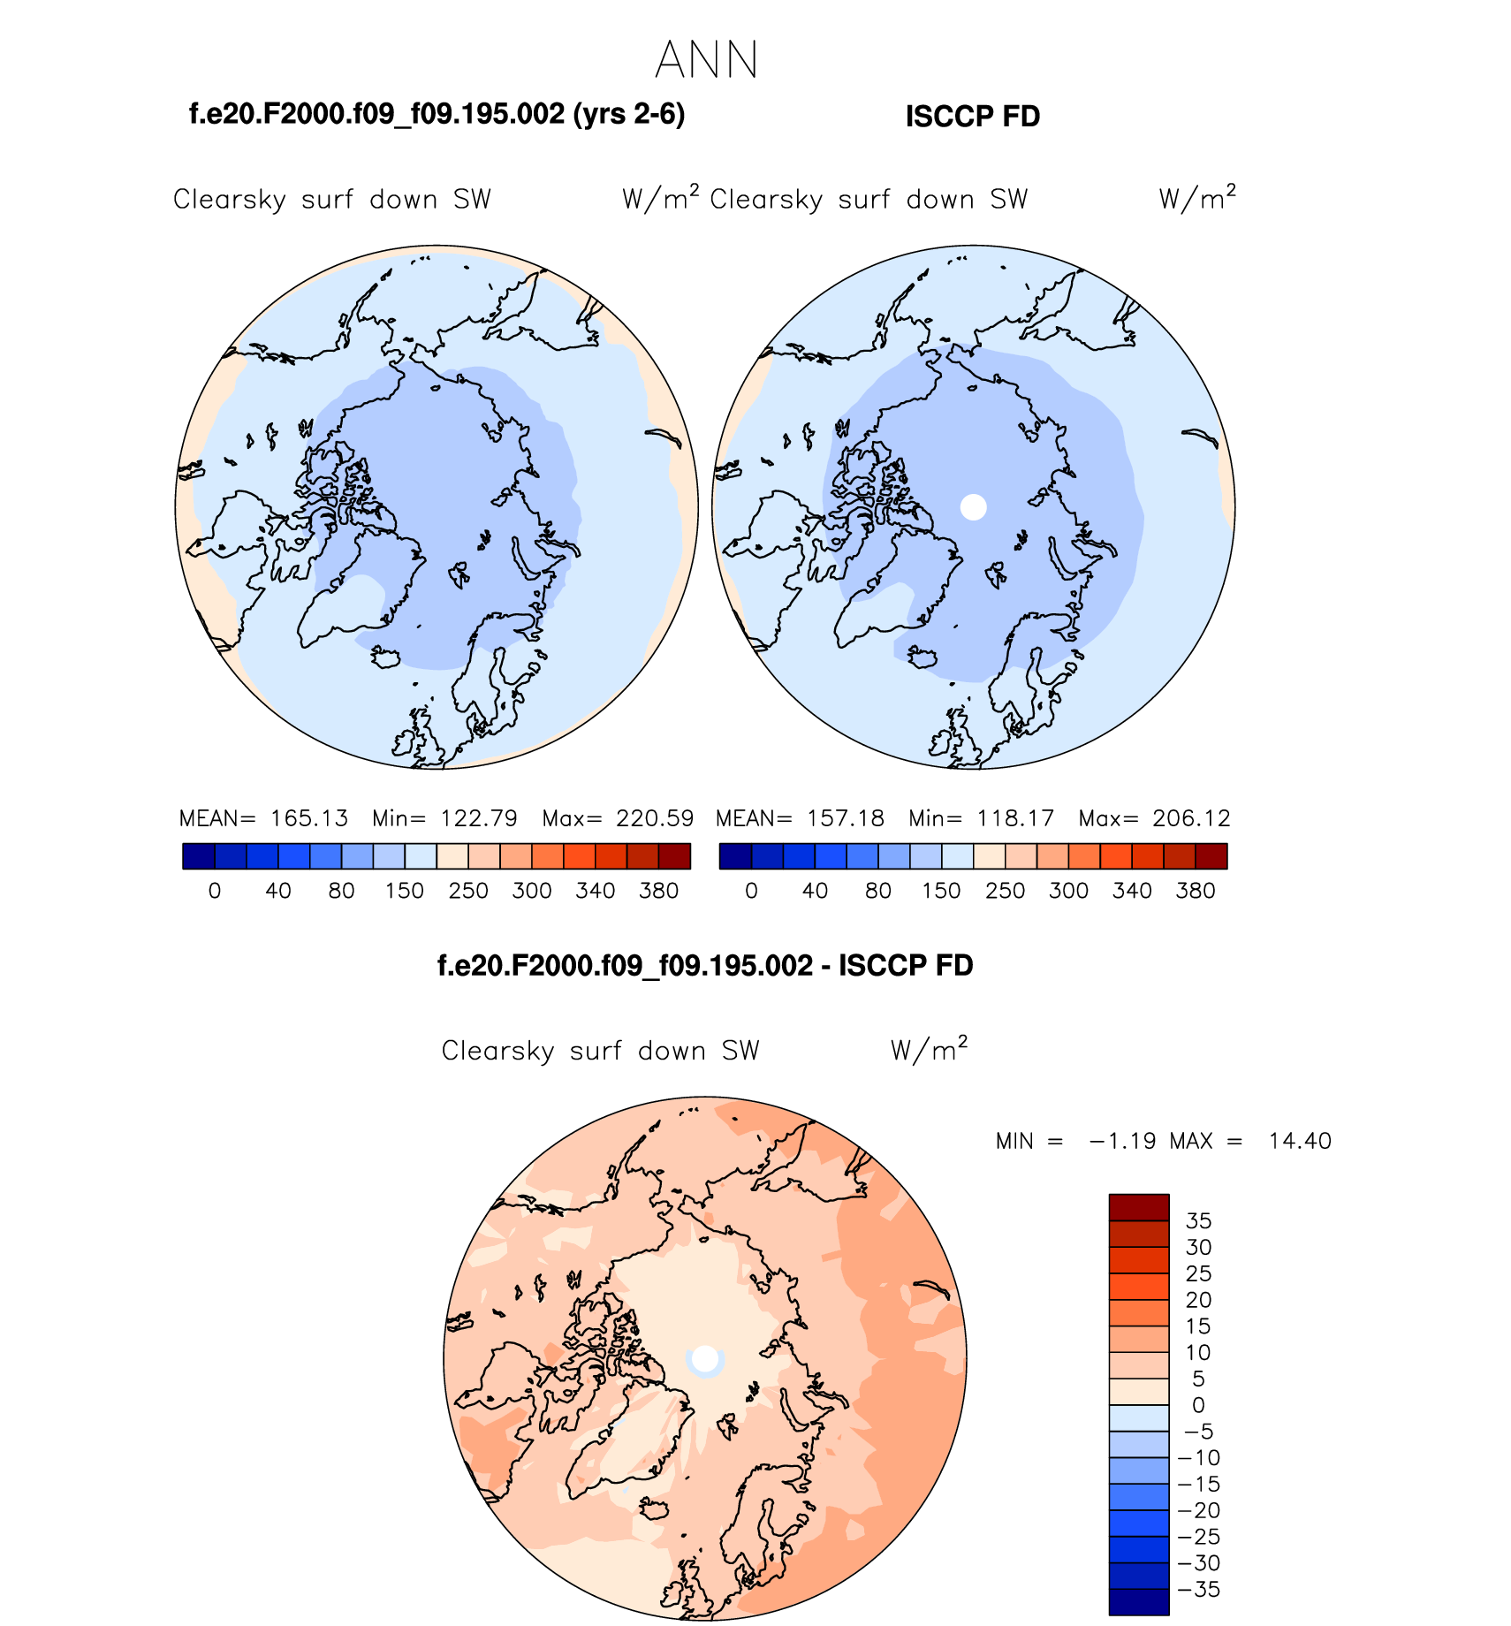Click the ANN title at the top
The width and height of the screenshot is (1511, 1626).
(x=707, y=60)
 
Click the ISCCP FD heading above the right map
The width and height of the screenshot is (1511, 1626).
(x=973, y=117)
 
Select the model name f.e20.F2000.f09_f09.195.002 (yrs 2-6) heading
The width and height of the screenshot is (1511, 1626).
(x=437, y=114)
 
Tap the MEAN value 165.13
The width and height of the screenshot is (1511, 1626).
(x=309, y=818)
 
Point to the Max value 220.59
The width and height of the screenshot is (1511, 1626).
(x=655, y=818)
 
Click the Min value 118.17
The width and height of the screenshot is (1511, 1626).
(x=1015, y=818)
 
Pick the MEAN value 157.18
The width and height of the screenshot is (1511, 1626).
(x=846, y=818)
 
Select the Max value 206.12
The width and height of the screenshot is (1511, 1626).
(x=1191, y=818)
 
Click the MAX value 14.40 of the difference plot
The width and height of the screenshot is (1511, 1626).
(x=1300, y=1141)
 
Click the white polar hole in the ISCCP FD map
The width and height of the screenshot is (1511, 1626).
(x=973, y=507)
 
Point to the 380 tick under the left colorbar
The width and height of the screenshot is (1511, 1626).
(x=658, y=891)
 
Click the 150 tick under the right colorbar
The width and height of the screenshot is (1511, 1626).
(x=941, y=891)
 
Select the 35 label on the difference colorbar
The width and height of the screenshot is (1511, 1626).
(x=1198, y=1221)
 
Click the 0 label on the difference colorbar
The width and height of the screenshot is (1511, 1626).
(x=1198, y=1405)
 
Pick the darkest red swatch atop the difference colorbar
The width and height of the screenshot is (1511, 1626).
(x=1139, y=1207)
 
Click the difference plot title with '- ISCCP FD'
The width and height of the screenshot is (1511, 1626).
(x=705, y=965)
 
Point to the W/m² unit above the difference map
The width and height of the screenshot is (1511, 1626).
(x=929, y=1049)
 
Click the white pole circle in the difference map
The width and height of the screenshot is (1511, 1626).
(x=705, y=1359)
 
